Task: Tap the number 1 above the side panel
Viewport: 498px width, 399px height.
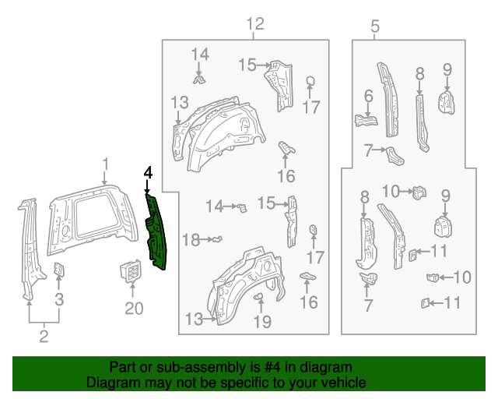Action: click(x=106, y=164)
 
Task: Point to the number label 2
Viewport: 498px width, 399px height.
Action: click(x=44, y=337)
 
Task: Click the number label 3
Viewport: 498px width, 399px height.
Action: click(x=59, y=298)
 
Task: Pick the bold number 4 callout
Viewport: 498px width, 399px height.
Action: click(x=147, y=174)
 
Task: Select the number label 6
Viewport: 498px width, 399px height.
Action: click(x=368, y=97)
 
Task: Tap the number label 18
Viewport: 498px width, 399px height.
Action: click(x=191, y=240)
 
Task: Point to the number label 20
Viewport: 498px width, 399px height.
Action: click(x=134, y=309)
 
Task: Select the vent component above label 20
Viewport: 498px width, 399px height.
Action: click(x=130, y=273)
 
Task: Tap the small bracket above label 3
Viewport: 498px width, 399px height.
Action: click(x=59, y=270)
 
